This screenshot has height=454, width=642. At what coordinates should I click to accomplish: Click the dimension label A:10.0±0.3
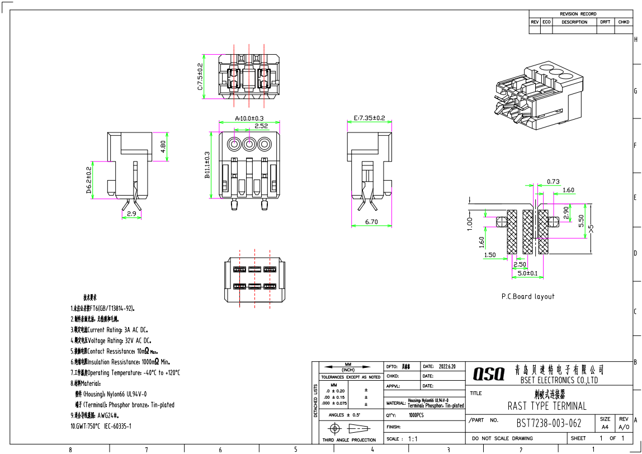249,119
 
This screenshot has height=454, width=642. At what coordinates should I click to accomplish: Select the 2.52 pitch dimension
261,126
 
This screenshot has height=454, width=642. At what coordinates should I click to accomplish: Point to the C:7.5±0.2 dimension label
200,77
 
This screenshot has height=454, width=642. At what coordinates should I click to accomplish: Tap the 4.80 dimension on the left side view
163,146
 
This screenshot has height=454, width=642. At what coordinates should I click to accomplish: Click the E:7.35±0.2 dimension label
370,118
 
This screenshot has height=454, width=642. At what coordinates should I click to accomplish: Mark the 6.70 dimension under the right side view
372,222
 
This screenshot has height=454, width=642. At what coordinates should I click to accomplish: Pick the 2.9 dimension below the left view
131,214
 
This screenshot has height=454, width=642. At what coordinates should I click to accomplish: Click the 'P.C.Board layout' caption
528,296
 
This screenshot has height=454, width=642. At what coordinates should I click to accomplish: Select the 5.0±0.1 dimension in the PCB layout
527,273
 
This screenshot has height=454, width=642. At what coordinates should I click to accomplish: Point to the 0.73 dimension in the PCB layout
553,181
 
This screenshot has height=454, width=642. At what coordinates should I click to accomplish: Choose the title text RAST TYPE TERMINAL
547,406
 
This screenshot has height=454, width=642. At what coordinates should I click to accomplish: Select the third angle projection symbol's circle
336,429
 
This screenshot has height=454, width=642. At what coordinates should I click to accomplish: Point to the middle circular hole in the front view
249,144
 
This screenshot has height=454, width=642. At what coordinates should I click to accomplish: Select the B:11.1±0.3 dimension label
207,165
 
